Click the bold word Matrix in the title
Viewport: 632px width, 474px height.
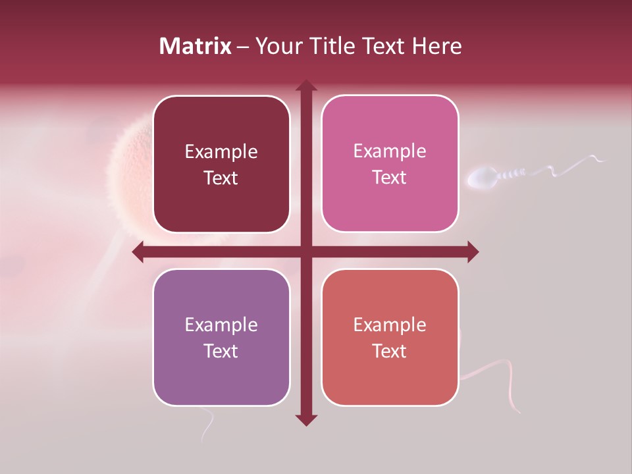(196, 46)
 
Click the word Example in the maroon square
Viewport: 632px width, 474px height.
(221, 152)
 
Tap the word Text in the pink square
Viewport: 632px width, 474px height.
(390, 178)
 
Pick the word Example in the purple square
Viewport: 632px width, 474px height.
(221, 325)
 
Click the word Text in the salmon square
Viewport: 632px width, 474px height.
(390, 351)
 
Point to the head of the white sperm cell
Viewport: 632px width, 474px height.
(483, 178)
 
